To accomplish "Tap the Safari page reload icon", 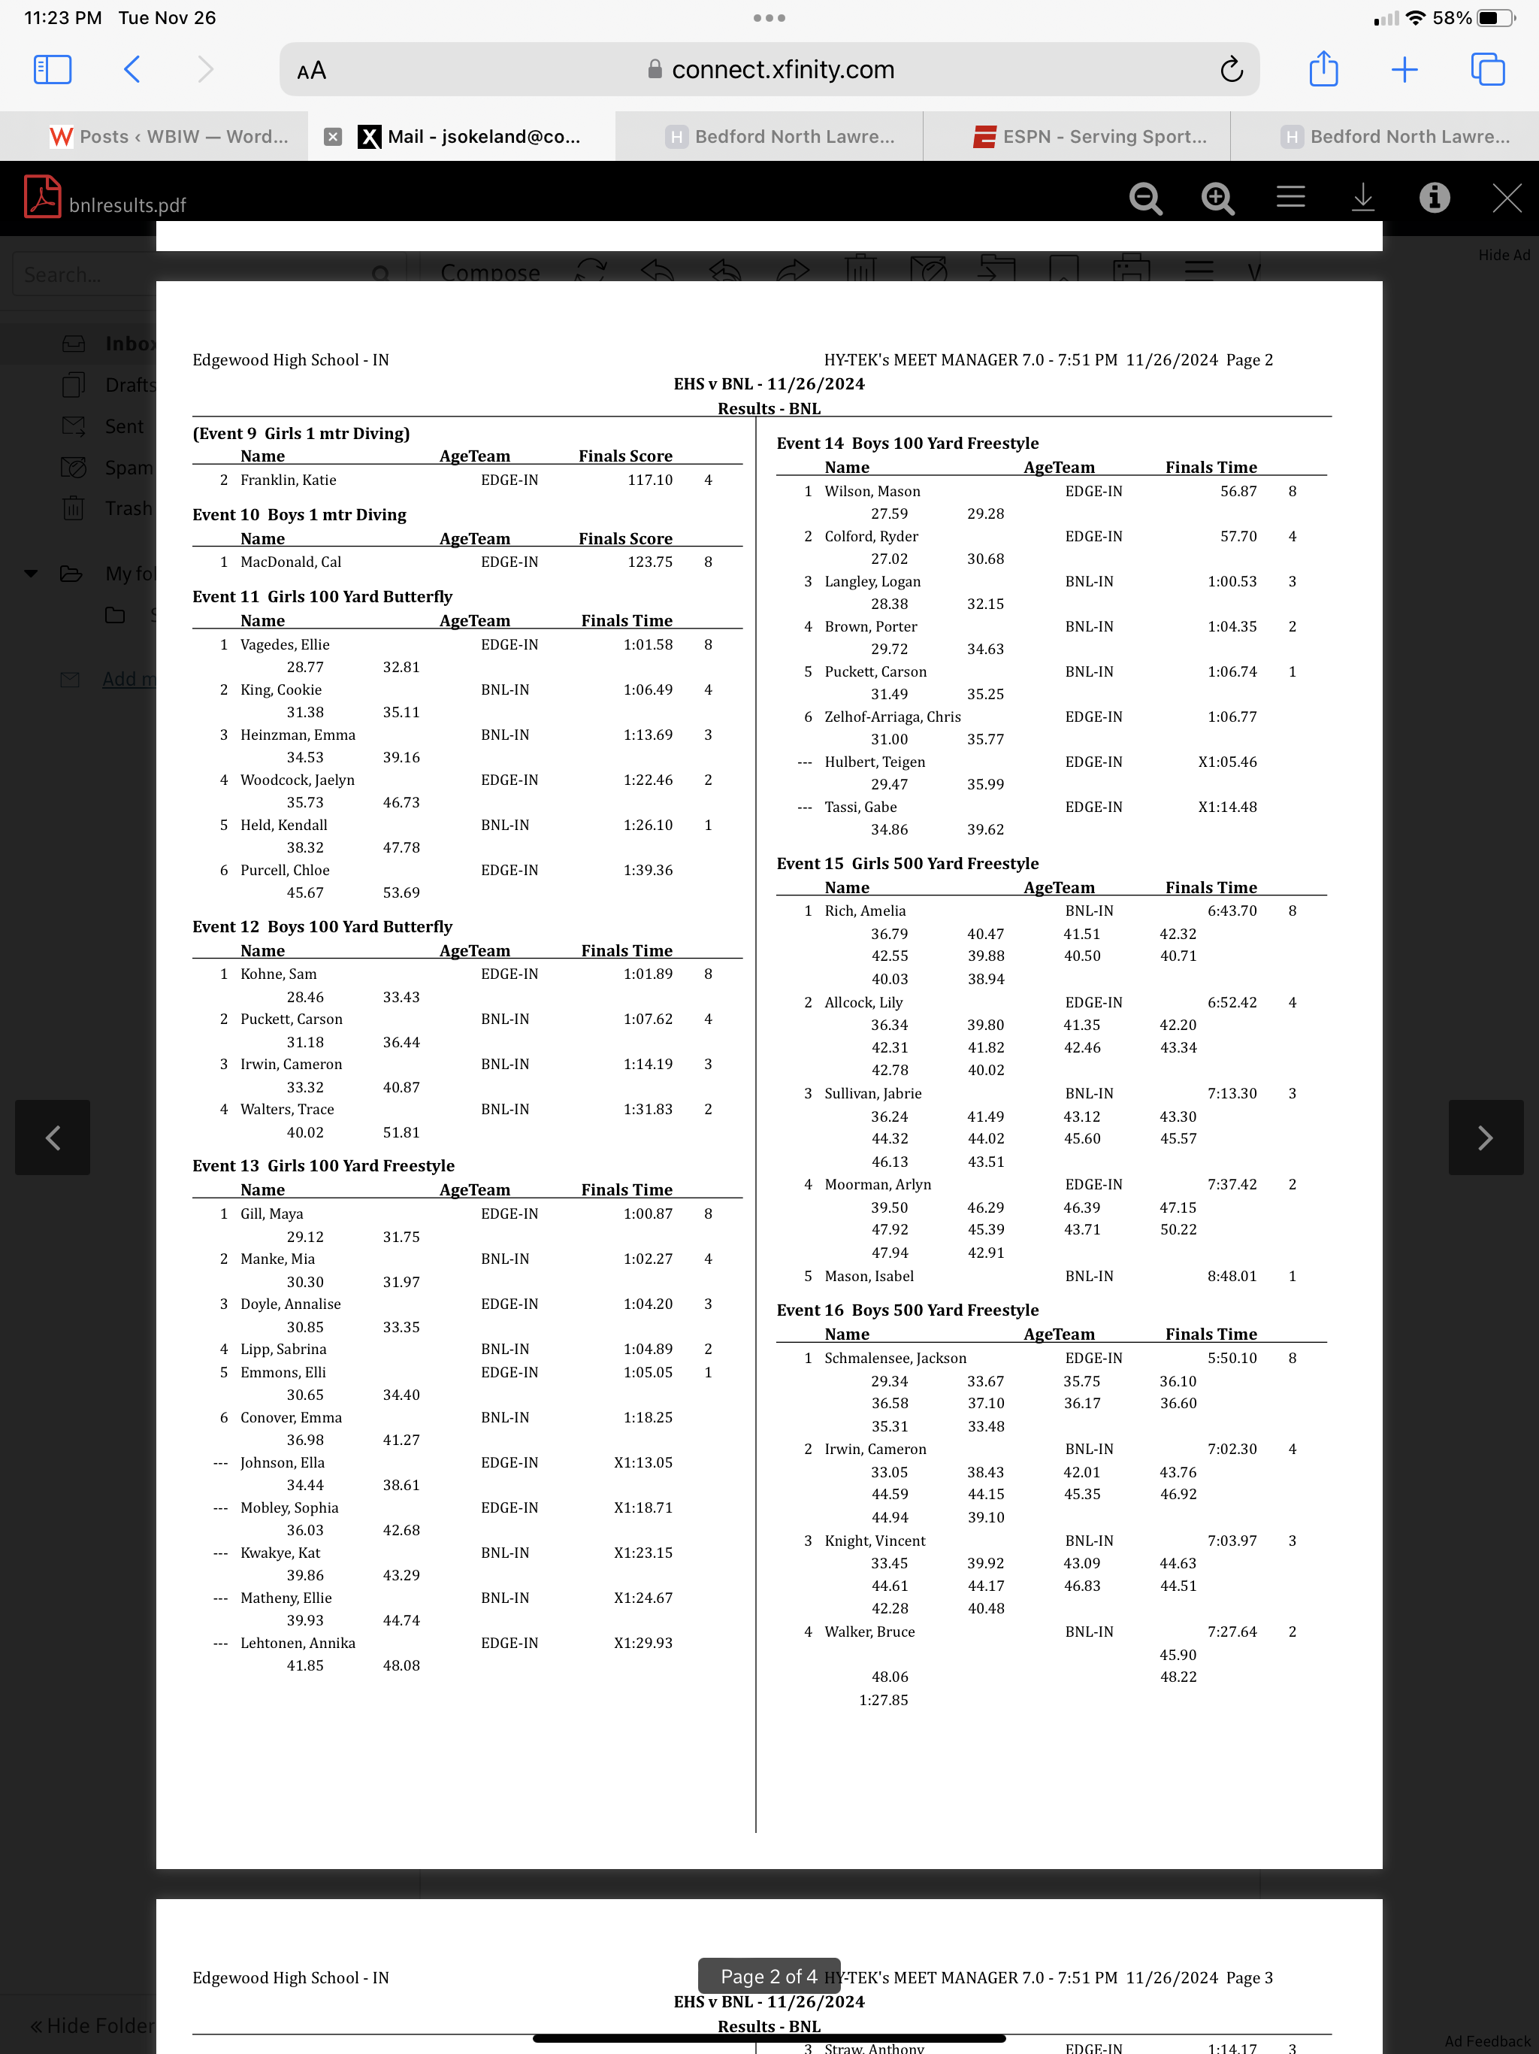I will click(1231, 70).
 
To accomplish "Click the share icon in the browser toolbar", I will click(1323, 70).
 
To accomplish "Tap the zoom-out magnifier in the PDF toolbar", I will click(1145, 198).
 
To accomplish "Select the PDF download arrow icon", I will click(1362, 198).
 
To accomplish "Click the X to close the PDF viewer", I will click(1506, 198).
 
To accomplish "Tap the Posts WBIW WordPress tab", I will click(169, 137).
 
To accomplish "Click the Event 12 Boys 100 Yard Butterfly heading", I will click(322, 927).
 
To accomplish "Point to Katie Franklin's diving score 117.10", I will click(650, 480).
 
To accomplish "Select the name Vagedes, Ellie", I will click(285, 644).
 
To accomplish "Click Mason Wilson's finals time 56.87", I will click(1238, 491).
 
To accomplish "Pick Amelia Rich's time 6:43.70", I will click(1232, 911).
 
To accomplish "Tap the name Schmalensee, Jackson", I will click(895, 1358).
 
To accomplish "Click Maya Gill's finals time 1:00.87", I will click(648, 1213).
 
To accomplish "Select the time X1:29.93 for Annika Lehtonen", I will click(643, 1643).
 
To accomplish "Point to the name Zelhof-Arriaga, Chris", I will click(892, 716).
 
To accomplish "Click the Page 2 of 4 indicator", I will click(769, 1977).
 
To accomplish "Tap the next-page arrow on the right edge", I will click(1485, 1138).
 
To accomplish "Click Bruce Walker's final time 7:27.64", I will click(1232, 1631).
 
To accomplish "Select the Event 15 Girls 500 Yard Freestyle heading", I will click(907, 864).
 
